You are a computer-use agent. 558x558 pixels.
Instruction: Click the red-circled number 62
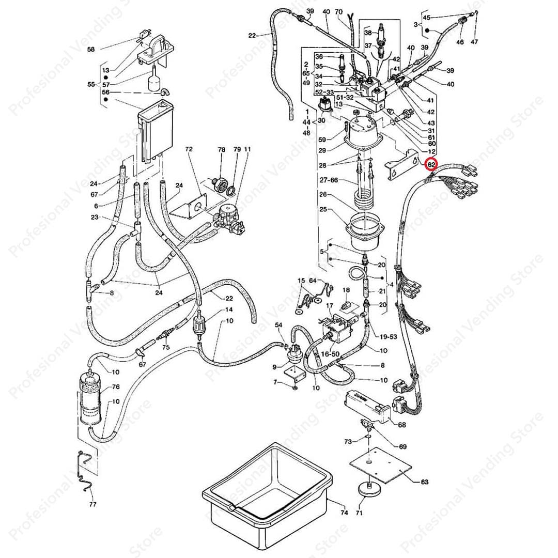[430, 165]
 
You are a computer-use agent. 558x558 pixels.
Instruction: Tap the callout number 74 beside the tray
[345, 513]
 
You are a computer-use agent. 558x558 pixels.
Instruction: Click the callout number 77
[93, 504]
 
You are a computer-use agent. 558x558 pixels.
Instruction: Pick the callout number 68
[401, 425]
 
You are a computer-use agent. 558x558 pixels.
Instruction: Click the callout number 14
[229, 310]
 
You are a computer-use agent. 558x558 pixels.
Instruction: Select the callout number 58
[91, 50]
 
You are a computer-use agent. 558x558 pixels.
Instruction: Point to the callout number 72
[189, 149]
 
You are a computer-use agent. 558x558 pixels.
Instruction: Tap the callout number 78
[222, 149]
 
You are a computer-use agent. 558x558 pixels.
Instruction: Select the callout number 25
[323, 209]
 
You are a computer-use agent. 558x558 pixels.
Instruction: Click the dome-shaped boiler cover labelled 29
[365, 132]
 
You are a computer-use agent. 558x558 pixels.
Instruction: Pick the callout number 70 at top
[353, 11]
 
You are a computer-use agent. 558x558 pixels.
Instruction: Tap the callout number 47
[474, 42]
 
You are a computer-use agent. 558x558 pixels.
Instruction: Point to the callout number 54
[279, 324]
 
